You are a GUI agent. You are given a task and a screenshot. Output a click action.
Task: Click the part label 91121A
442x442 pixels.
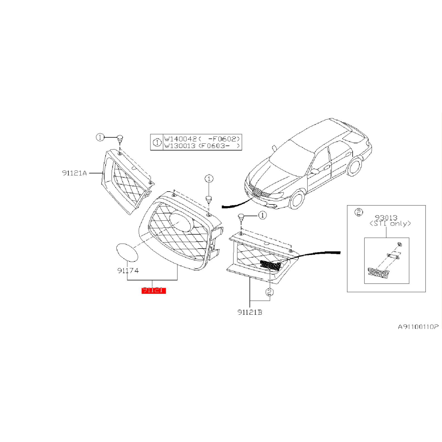point(74,173)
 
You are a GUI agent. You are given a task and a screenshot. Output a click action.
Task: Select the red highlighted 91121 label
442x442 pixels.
point(153,290)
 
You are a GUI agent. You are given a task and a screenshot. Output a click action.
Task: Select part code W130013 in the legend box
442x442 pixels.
point(180,146)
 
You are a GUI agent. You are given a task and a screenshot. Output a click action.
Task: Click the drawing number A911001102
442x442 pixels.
point(417,327)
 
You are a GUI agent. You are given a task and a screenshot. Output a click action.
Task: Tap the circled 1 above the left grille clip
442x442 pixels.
point(100,137)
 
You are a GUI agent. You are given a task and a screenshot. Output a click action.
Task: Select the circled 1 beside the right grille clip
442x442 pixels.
point(262,216)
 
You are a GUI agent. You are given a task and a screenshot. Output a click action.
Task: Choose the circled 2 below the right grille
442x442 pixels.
point(269,293)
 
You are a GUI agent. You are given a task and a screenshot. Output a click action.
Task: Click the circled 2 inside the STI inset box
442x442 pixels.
point(359,212)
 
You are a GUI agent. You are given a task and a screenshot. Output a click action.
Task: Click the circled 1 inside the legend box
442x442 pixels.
point(157,142)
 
